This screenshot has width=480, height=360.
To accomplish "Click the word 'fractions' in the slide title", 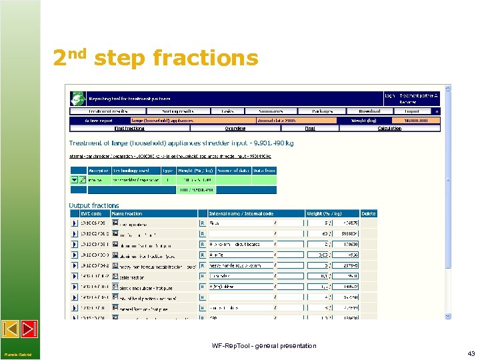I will pyautogui.click(x=205, y=59).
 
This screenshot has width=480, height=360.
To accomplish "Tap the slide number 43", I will pyautogui.click(x=471, y=353).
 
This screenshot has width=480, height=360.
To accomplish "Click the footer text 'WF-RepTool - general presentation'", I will pyautogui.click(x=264, y=345).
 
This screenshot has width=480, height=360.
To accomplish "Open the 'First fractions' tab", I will pyautogui.click(x=129, y=128).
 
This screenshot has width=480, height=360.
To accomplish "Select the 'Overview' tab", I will pyautogui.click(x=235, y=128).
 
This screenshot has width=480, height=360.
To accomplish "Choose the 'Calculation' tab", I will pyautogui.click(x=389, y=128).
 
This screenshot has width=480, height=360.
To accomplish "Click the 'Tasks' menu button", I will pyautogui.click(x=227, y=111).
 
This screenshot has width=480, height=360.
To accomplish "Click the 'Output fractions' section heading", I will pyautogui.click(x=94, y=205).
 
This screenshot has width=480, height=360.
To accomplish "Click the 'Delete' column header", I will pyautogui.click(x=369, y=213).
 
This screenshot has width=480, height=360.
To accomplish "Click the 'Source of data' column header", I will pyautogui.click(x=232, y=171).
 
